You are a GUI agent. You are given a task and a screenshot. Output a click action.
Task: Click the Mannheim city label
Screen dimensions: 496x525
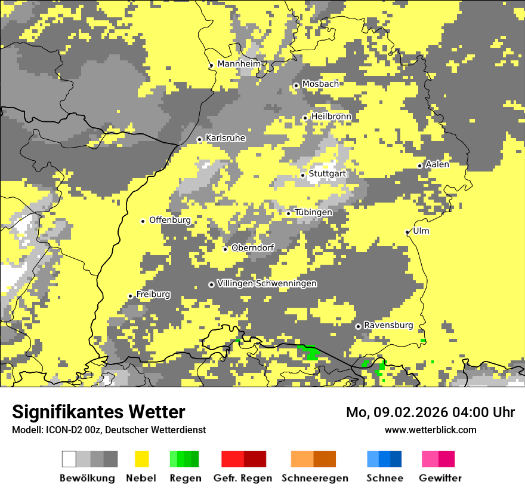coord(239,64)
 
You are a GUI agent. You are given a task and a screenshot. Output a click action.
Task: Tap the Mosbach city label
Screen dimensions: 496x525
coord(320,84)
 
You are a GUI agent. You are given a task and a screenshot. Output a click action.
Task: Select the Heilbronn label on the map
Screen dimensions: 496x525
coord(331,116)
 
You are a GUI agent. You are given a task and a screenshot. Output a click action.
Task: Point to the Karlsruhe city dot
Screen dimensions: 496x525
coord(200,140)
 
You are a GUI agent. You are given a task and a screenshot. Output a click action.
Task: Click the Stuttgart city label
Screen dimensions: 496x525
coord(327,174)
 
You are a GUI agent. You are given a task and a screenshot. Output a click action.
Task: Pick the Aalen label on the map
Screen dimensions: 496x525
coord(437,164)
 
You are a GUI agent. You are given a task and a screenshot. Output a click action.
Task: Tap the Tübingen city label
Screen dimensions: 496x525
coord(313,212)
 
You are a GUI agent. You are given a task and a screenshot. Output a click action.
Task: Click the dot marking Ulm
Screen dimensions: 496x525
coord(407,232)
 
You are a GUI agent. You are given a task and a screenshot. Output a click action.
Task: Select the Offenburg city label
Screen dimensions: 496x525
coord(170,220)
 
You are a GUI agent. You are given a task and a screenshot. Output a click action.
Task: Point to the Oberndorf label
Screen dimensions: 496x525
coord(253,247)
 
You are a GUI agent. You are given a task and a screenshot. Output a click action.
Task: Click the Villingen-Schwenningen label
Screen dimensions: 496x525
coord(267,283)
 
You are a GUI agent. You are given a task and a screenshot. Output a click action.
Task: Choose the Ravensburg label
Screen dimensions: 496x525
coord(388,325)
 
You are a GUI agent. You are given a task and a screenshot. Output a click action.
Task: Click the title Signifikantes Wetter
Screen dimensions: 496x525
coord(98,412)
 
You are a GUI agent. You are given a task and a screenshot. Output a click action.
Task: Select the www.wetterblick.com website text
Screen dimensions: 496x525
coord(430,430)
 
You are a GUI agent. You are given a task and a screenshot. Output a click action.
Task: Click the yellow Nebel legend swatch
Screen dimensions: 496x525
coord(142,459)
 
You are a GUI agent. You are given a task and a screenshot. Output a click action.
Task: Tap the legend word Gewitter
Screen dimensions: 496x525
coord(440,478)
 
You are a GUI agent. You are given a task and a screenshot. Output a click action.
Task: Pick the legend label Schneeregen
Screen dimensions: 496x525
coord(314,478)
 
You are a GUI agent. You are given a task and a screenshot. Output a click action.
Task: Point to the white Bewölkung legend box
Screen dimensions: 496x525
coord(69,459)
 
